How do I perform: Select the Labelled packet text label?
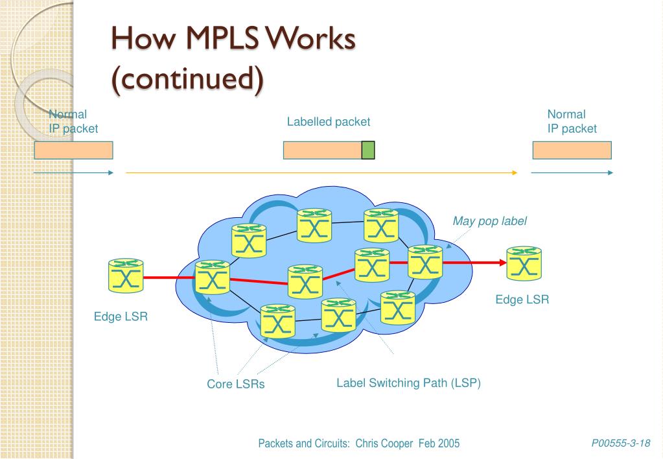(329, 122)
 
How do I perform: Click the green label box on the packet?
(367, 150)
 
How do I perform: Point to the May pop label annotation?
(489, 221)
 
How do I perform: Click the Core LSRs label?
(236, 384)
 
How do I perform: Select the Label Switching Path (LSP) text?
(408, 383)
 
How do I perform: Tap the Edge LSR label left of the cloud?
(121, 318)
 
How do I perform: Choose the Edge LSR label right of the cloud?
(522, 300)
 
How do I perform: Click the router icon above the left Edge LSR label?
(125, 275)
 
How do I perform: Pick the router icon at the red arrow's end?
(524, 263)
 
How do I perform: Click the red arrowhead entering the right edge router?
(502, 263)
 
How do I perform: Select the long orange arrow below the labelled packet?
(321, 173)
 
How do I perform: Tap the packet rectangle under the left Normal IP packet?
(73, 150)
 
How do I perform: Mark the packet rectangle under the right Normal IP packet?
(572, 150)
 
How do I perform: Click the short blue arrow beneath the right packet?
(571, 173)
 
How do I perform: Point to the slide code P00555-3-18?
(620, 443)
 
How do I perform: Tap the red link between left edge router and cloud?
(169, 277)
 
